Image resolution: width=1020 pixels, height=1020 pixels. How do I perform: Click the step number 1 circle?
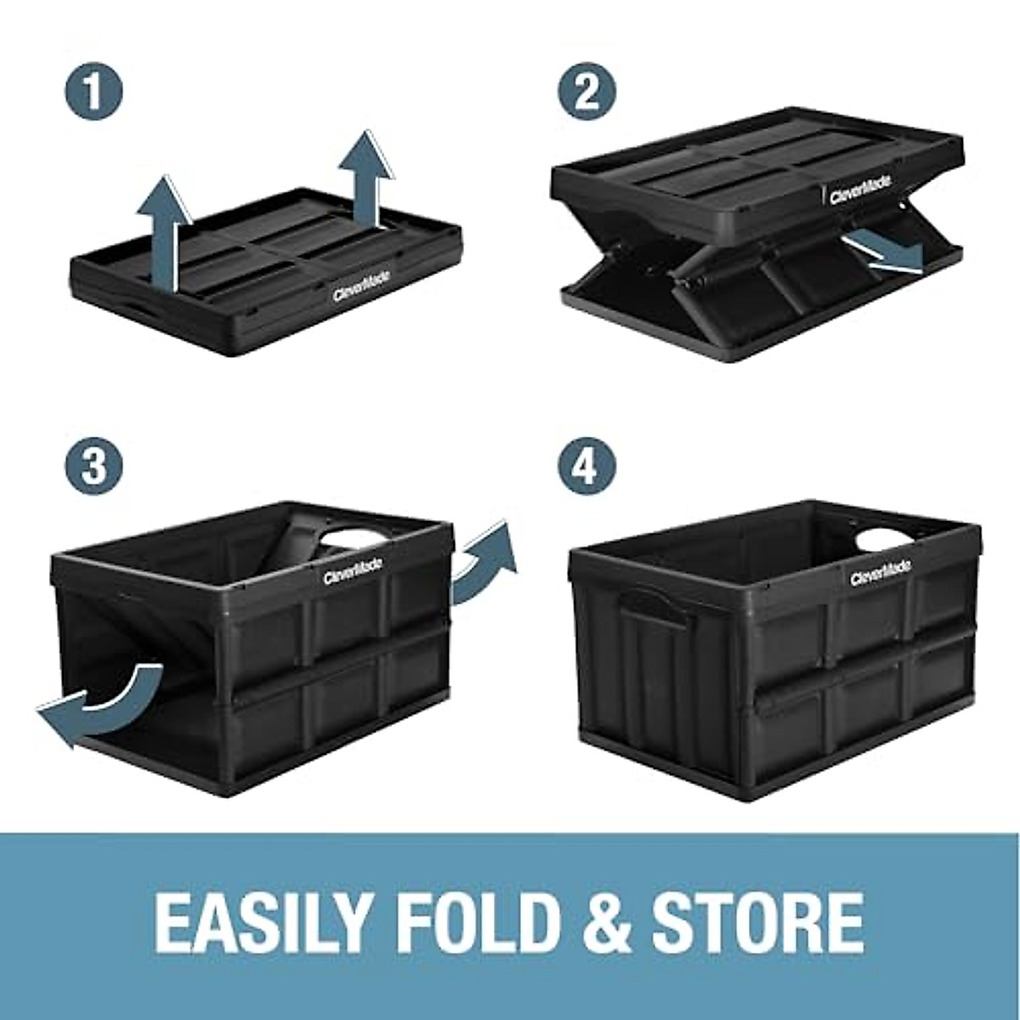[93, 91]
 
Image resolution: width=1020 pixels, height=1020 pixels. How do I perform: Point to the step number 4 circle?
[586, 466]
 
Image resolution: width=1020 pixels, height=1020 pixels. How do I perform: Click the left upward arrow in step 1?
[162, 229]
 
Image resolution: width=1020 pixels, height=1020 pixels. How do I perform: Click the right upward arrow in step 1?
[366, 183]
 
